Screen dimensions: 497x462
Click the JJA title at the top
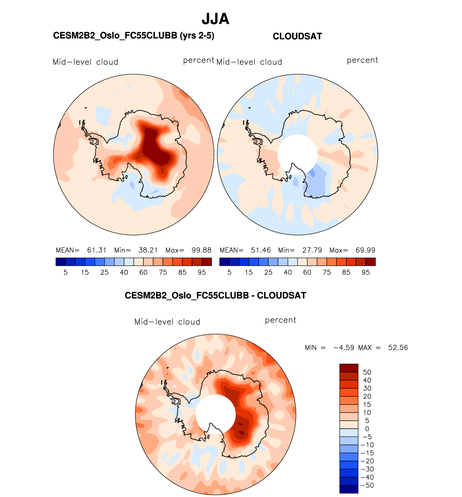pyautogui.click(x=215, y=19)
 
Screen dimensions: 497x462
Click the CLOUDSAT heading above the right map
pyautogui.click(x=297, y=36)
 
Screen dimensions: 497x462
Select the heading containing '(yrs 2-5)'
pyautogui.click(x=133, y=36)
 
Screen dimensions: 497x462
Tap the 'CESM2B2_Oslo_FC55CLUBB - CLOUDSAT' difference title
pyautogui.click(x=215, y=296)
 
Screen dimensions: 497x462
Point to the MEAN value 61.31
pyautogui.click(x=97, y=250)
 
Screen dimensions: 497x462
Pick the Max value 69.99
pyautogui.click(x=365, y=250)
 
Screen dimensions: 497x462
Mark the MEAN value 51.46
pyautogui.click(x=261, y=250)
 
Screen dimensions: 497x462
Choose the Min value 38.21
pyautogui.click(x=148, y=250)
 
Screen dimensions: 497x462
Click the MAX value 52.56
pyautogui.click(x=398, y=348)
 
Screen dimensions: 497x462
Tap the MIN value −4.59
pyautogui.click(x=343, y=348)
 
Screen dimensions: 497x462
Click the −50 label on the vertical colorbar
pyautogui.click(x=367, y=485)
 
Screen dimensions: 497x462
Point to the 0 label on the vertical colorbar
pyautogui.click(x=367, y=429)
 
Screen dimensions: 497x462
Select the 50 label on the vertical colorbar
pyautogui.click(x=367, y=372)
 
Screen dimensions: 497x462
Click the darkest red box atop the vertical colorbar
pyautogui.click(x=349, y=368)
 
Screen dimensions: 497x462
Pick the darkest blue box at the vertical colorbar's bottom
pyautogui.click(x=349, y=489)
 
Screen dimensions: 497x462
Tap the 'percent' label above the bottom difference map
pyautogui.click(x=280, y=320)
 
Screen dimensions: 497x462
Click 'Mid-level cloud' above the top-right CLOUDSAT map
pyautogui.click(x=249, y=62)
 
